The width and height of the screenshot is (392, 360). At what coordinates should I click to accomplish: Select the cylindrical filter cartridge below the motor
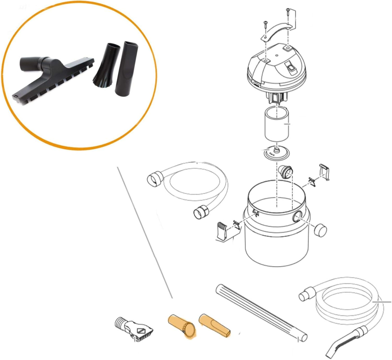[x=277, y=124]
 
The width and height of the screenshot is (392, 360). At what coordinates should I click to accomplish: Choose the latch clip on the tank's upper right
[x=324, y=172]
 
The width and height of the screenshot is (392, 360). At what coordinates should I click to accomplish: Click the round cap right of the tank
[x=320, y=230]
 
